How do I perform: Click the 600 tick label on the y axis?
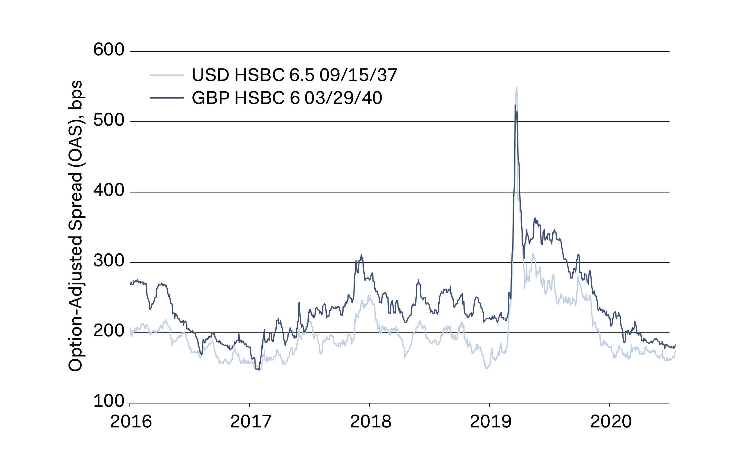coord(108,50)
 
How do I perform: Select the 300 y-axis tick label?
coord(108,261)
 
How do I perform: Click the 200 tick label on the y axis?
coord(108,331)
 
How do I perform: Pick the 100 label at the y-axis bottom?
coord(108,401)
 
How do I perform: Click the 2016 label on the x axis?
coord(131,422)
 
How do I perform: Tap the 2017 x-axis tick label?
coord(251,422)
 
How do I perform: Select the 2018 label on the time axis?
coord(370,422)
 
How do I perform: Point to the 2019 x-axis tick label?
coord(490,422)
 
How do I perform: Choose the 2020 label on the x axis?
coord(611,422)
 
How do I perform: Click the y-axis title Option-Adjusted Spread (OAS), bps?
coord(75,226)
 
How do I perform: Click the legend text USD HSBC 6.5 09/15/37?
coord(294,75)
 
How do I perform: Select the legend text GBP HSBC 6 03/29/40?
coord(287,98)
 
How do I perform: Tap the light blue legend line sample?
coord(167,75)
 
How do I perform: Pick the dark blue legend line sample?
coord(167,98)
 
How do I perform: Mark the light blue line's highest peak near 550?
coord(517,87)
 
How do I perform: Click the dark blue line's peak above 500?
coord(515,106)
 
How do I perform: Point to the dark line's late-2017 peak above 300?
coord(361,255)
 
